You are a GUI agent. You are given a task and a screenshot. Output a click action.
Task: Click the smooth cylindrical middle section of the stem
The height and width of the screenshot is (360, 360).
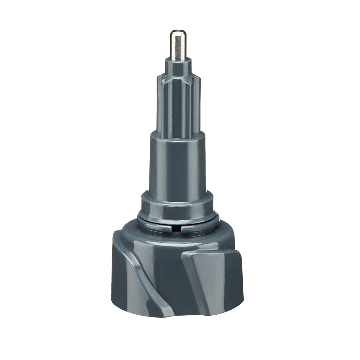point(178,162)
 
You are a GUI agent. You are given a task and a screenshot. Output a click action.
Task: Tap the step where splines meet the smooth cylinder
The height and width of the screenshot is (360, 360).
point(178,134)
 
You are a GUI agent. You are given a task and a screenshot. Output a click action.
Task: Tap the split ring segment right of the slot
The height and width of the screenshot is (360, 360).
point(198,227)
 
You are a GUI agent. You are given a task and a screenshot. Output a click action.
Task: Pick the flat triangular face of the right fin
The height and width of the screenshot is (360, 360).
point(209,274)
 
